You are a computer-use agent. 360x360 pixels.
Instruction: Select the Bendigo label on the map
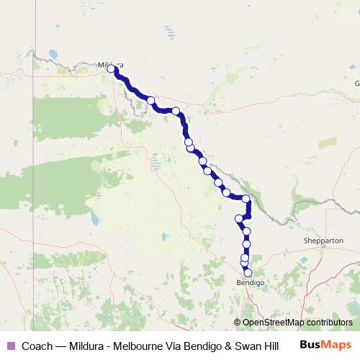tap(250, 283)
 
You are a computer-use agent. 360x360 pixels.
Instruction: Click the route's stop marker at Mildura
tap(112, 69)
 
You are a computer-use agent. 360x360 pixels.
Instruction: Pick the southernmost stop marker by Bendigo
tap(248, 273)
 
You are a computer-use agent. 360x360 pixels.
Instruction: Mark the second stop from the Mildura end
tap(150, 102)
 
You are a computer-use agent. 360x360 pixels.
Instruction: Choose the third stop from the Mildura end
tap(175, 110)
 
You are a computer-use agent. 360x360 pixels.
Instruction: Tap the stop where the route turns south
tap(246, 199)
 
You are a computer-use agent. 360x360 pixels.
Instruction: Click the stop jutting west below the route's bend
tap(239, 218)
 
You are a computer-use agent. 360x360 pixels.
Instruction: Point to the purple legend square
tap(10, 345)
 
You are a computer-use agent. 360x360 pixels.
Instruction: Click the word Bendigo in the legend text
tap(197, 345)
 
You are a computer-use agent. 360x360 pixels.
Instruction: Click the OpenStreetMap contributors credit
tap(297, 323)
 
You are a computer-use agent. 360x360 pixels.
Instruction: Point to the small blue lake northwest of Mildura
tap(53, 53)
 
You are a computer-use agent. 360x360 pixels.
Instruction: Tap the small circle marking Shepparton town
tap(324, 246)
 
